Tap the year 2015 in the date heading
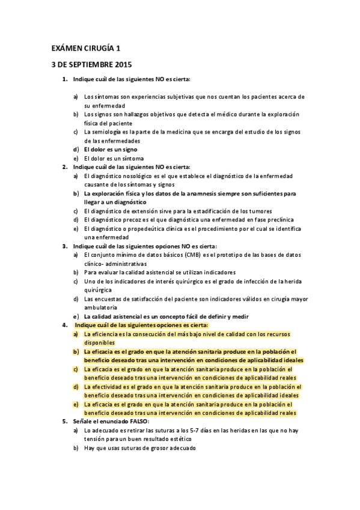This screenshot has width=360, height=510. pos(120,64)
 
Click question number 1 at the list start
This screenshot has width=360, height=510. pos(65,79)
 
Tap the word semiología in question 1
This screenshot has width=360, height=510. pos(111,132)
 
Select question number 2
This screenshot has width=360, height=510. pos(65,167)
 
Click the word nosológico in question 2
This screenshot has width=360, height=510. pos(133,176)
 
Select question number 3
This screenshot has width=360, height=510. pos(65,246)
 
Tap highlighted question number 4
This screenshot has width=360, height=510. pos(65,325)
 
